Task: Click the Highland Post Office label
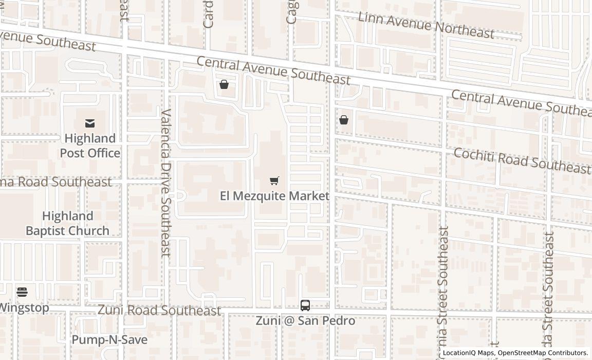click(90, 146)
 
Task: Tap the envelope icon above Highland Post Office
click(90, 123)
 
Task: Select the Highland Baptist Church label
click(67, 223)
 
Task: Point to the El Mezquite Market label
click(274, 196)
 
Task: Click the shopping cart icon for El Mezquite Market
click(274, 181)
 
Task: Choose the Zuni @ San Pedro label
click(305, 321)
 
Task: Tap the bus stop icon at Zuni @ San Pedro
click(305, 305)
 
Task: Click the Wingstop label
click(24, 308)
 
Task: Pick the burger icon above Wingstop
click(22, 292)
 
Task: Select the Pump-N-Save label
click(109, 340)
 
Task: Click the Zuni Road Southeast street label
click(159, 311)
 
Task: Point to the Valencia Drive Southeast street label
click(165, 183)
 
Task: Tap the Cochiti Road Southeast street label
click(522, 160)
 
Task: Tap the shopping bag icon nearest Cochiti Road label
click(344, 120)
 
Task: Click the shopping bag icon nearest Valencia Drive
click(224, 84)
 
